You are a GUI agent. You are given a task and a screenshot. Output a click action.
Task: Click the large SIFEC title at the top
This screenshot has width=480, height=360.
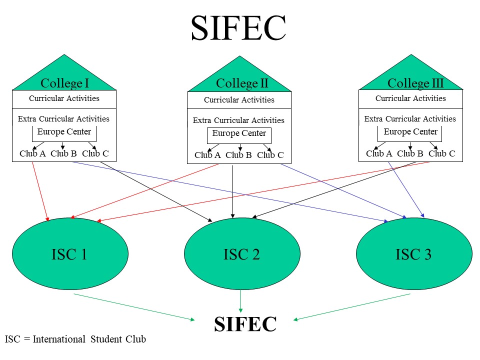[238, 29]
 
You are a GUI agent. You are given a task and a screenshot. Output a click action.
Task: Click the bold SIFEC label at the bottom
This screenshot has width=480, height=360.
[245, 324]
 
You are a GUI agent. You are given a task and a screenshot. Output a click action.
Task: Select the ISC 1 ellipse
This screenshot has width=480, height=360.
[70, 254]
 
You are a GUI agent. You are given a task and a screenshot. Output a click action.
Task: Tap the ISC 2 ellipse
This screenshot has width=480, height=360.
[242, 254]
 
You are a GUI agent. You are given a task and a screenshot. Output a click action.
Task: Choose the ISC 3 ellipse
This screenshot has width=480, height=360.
[413, 254]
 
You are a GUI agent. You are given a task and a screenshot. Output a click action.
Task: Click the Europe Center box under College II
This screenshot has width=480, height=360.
[239, 134]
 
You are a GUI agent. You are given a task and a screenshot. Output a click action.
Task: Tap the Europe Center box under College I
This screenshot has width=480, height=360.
[64, 132]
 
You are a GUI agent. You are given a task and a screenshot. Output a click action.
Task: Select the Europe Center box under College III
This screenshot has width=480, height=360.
[410, 132]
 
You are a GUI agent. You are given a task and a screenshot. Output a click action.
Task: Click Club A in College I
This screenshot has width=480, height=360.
[32, 153]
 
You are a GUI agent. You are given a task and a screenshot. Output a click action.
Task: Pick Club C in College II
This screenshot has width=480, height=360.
[270, 155]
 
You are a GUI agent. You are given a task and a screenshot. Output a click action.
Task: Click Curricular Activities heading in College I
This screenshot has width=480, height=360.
[64, 98]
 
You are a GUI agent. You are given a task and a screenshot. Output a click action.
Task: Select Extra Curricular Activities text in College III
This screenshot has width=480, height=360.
[410, 119]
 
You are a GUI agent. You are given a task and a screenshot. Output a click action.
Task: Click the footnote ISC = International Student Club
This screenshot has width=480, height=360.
[75, 339]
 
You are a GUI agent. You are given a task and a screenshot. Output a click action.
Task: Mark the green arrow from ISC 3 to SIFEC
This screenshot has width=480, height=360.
[352, 306]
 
